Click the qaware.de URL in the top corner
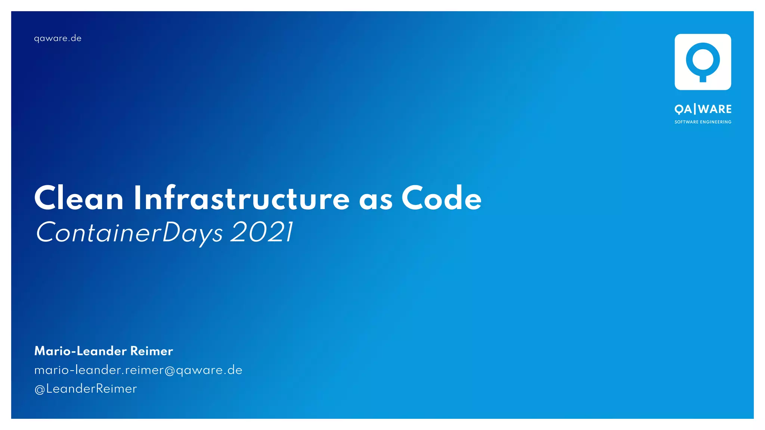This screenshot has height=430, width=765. click(x=58, y=38)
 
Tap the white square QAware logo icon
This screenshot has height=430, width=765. click(x=703, y=62)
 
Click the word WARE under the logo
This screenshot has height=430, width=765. click(x=715, y=109)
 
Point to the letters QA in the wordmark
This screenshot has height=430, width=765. click(x=683, y=109)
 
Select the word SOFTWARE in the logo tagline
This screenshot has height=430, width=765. click(x=686, y=122)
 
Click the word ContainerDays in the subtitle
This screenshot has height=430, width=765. click(x=129, y=233)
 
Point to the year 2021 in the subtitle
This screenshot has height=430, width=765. click(x=261, y=232)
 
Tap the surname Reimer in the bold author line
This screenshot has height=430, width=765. click(x=151, y=351)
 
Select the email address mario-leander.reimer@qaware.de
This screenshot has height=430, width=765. click(x=138, y=370)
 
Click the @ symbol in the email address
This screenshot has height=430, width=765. click(x=170, y=371)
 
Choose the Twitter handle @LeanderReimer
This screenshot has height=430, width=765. click(x=86, y=389)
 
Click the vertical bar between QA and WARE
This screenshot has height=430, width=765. click(x=695, y=109)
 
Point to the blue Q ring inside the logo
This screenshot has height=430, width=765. click(x=703, y=60)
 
